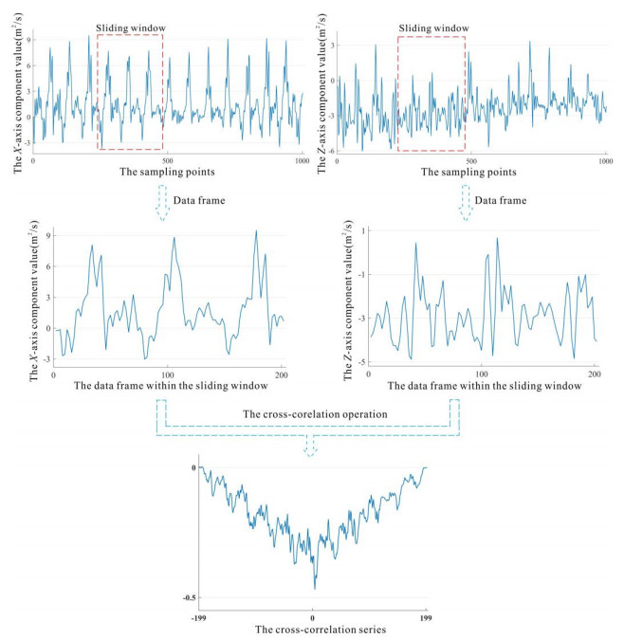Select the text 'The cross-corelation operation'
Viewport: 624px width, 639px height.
click(309, 413)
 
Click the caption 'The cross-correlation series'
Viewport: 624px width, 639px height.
click(312, 628)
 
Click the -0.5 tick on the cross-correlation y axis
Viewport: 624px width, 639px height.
click(190, 597)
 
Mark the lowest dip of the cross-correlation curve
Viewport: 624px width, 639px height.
click(315, 589)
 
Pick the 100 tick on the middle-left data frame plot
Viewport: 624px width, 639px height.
click(168, 374)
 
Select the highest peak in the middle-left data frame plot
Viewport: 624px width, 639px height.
click(255, 230)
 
